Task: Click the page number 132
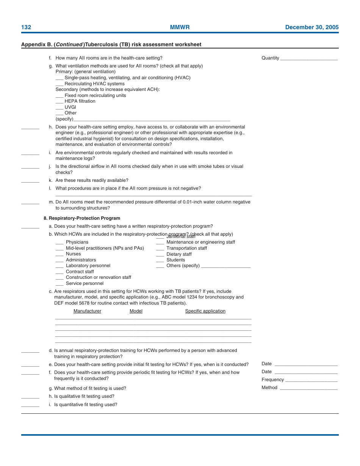26,27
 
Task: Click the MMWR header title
180,27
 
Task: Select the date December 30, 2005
311,27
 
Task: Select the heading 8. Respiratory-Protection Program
82,218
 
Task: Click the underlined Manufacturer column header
87,311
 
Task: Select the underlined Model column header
136,311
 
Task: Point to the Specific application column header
205,311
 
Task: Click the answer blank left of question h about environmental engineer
30,128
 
